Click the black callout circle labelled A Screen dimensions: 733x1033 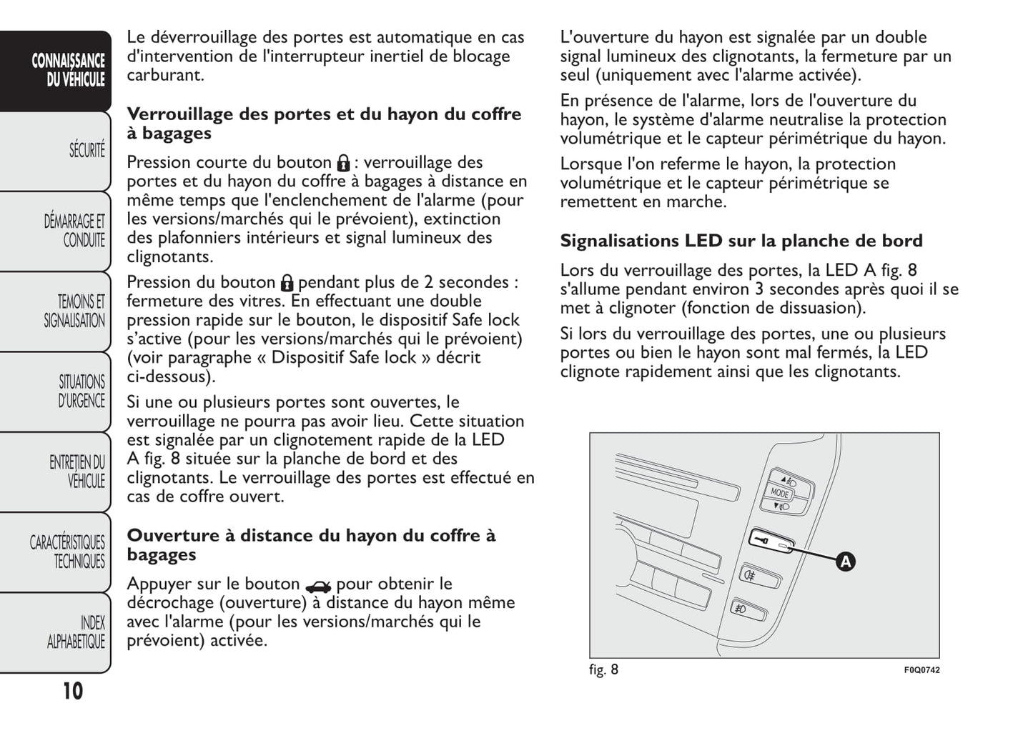coord(845,562)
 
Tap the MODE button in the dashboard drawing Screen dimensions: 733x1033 coord(780,493)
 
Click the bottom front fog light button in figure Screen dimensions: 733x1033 coord(745,609)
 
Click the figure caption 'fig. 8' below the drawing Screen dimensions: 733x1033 coord(604,669)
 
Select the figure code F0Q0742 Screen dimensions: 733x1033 coord(921,670)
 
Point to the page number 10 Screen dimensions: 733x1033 coord(72,691)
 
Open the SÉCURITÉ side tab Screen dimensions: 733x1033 coord(86,150)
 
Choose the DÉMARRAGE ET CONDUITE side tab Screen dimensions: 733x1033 coord(75,231)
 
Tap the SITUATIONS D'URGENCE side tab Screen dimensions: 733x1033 coord(81,392)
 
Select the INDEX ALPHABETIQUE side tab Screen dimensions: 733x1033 coord(76,632)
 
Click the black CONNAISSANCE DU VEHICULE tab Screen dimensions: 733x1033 coord(69,70)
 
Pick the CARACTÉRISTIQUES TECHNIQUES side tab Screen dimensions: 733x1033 coord(68,552)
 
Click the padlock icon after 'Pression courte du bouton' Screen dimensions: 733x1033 coord(343,164)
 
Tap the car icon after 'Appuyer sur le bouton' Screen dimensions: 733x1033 coord(317,587)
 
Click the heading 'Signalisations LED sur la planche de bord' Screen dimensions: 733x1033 coord(741,241)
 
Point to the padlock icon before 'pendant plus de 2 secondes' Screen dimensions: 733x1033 coord(287,283)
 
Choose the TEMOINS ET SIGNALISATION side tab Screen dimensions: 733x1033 coord(74,311)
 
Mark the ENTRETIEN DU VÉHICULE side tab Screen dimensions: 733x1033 coord(77,472)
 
